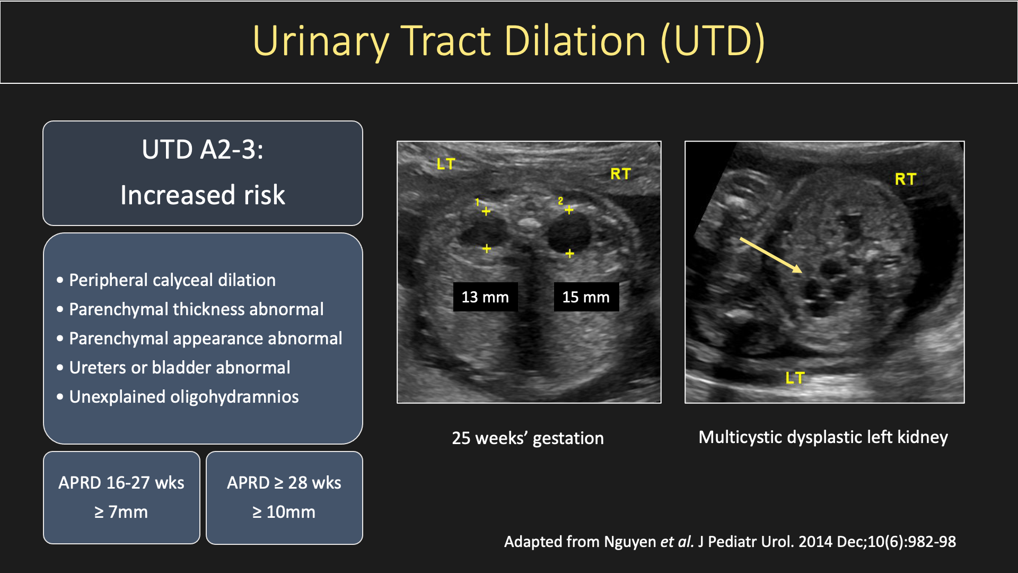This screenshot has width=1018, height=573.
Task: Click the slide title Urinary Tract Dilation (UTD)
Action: click(508, 41)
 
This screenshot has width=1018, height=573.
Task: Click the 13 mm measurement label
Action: click(485, 297)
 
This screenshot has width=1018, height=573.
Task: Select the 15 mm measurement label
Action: click(586, 297)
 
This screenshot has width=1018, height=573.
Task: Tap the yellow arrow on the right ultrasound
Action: click(771, 255)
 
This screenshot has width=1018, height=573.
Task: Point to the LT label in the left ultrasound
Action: click(446, 164)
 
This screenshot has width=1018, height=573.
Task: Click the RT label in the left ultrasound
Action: click(620, 173)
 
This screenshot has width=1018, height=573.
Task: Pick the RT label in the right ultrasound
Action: click(906, 179)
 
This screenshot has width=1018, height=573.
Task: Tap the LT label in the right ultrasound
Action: click(795, 378)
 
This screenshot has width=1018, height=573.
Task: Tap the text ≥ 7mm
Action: click(121, 512)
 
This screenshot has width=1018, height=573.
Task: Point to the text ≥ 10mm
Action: click(284, 512)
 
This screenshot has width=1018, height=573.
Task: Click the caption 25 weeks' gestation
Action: click(528, 438)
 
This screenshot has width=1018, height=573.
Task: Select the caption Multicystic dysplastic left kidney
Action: click(823, 437)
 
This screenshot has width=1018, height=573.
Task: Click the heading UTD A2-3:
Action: click(203, 150)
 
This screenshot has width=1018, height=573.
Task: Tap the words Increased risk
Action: click(203, 195)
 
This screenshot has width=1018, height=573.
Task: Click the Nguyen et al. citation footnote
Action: click(730, 542)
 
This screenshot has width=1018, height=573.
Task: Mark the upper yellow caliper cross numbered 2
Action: click(569, 210)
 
